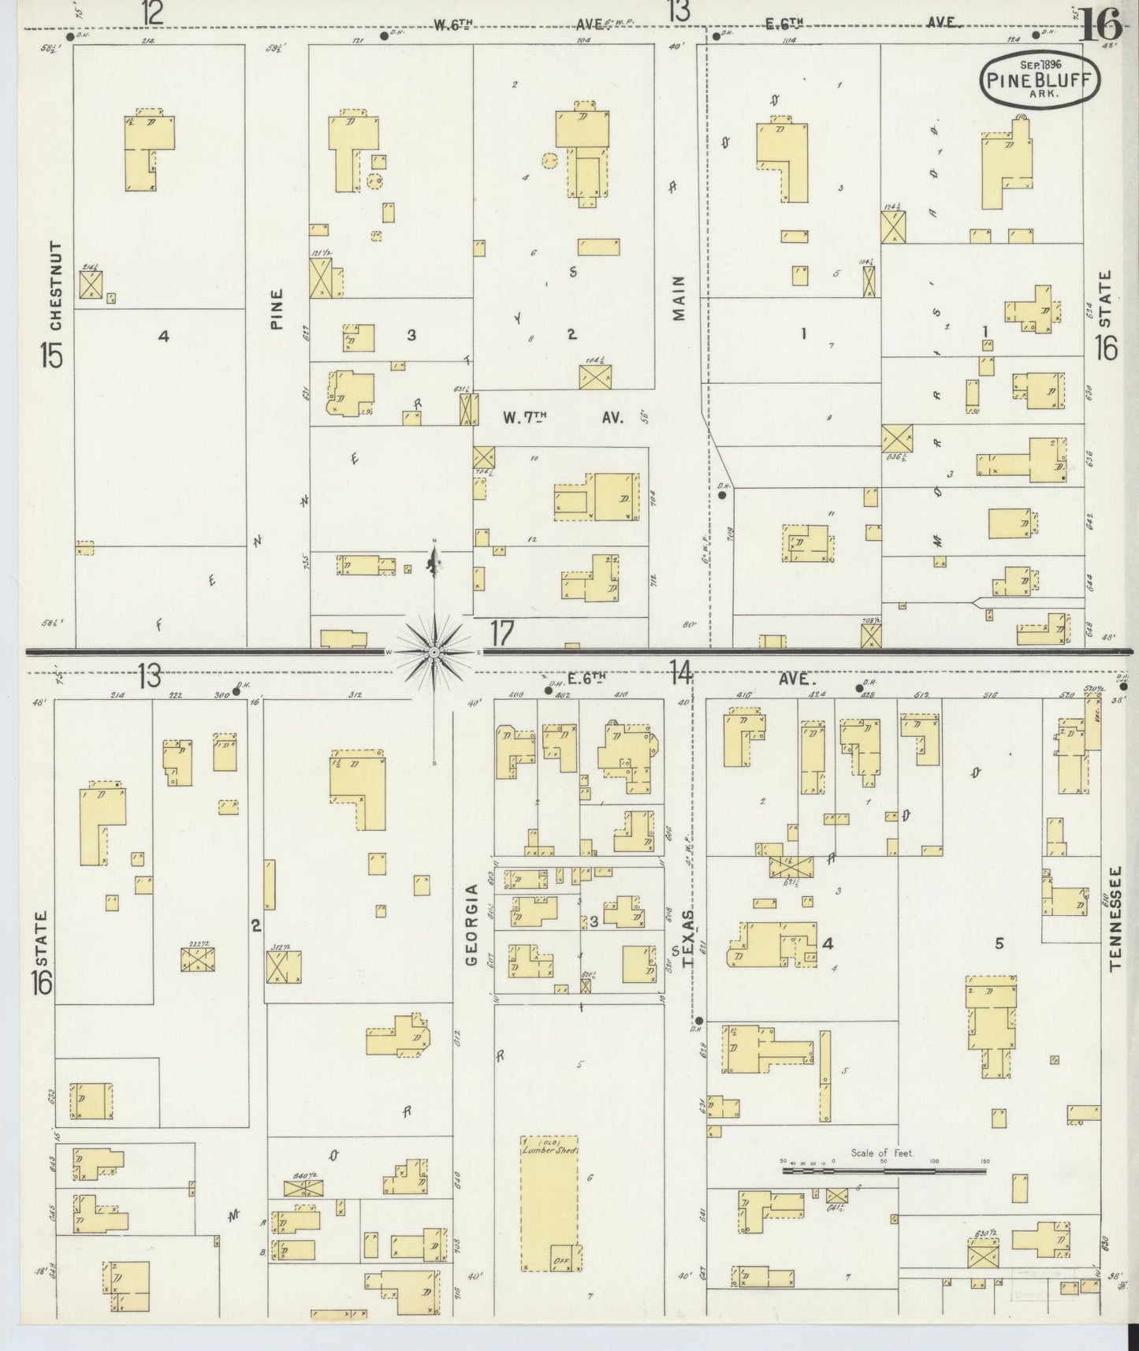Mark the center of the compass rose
click(x=434, y=653)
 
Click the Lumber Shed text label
click(x=549, y=1150)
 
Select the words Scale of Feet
click(x=881, y=1153)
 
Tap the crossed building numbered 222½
click(x=198, y=958)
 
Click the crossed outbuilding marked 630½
click(x=983, y=1252)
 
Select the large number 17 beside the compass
click(x=502, y=633)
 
